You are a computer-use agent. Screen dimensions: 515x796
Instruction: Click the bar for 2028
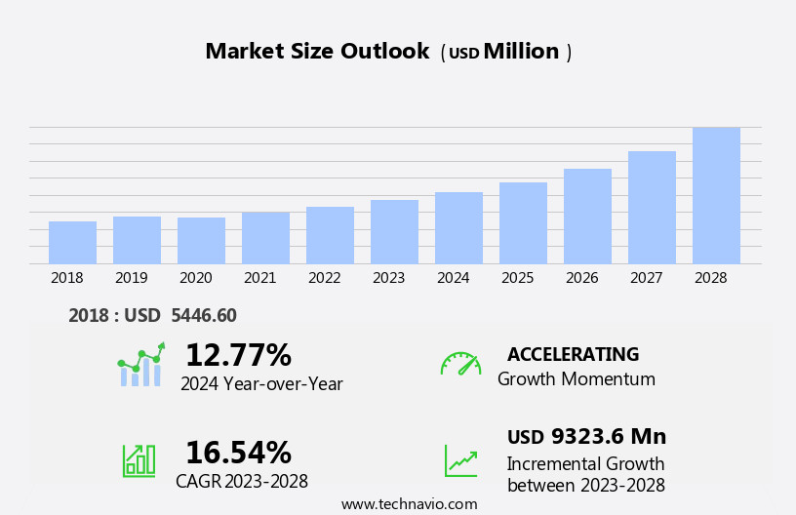[x=716, y=196]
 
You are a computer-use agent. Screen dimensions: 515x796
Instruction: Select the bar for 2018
[x=72, y=243]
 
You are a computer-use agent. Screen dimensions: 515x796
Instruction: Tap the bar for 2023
[x=394, y=232]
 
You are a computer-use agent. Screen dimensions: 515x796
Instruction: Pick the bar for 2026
[x=587, y=217]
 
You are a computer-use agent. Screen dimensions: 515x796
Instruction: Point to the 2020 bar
[x=201, y=241]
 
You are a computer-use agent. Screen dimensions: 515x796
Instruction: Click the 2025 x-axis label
[x=517, y=278]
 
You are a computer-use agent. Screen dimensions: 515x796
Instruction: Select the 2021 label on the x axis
[x=259, y=278]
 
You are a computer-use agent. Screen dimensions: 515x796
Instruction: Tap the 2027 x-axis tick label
[x=646, y=278]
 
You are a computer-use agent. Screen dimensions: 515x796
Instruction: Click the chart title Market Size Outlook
[x=317, y=52]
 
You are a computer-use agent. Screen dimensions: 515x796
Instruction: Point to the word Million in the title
[x=521, y=52]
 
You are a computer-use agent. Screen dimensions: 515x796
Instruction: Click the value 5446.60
[x=203, y=316]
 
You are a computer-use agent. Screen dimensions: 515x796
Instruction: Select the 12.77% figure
[x=238, y=355]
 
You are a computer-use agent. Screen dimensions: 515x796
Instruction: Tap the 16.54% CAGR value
[x=238, y=453]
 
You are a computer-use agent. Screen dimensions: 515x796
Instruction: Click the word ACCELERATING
[x=573, y=355]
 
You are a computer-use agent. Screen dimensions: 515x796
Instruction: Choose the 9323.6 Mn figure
[x=608, y=437]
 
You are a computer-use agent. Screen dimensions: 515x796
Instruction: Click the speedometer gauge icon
[x=460, y=364]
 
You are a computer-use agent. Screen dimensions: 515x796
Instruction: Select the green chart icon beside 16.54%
[x=139, y=460]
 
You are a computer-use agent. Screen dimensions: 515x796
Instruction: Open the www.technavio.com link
[x=409, y=504]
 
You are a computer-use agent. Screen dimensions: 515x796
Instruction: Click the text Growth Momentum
[x=576, y=379]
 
